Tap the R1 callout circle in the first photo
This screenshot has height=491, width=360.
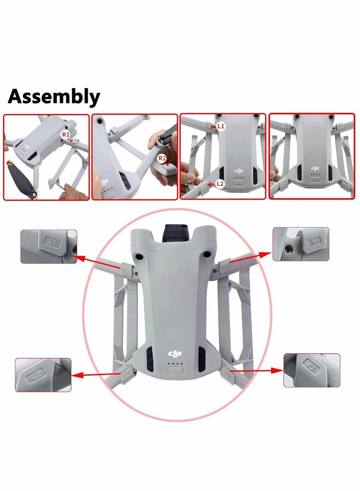click(x=66, y=134)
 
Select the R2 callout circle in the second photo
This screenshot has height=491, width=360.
click(x=162, y=158)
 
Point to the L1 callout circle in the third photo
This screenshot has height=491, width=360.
click(x=220, y=127)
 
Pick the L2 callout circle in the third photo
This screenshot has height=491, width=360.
click(x=220, y=183)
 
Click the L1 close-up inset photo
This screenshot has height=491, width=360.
click(x=49, y=246)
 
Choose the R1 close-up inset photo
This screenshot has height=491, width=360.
click(x=301, y=243)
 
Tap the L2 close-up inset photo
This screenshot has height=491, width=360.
click(x=43, y=374)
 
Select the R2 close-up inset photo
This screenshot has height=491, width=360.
click(x=311, y=370)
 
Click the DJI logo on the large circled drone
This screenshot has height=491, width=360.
click(x=174, y=354)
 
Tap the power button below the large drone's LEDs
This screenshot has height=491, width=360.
click(x=174, y=370)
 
